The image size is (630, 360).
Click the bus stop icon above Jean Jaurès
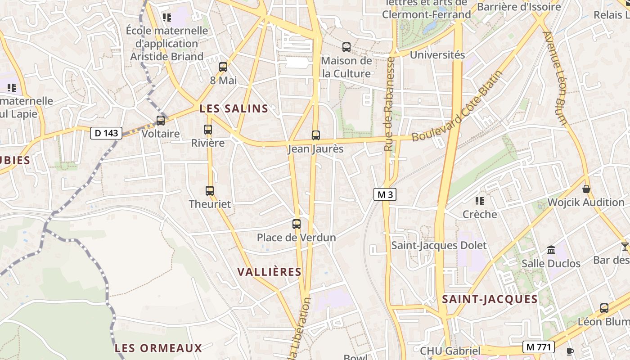[316, 135]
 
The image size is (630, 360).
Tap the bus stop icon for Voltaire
[161, 121]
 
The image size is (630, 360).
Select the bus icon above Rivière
[208, 130]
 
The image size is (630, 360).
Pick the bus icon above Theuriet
[210, 190]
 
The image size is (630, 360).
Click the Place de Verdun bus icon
[297, 224]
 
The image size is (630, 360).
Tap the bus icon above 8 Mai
[223, 67]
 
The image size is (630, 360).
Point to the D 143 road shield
[106, 133]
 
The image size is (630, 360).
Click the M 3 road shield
[385, 194]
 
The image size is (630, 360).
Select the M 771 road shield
[538, 346]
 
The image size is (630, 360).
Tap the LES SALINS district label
[234, 108]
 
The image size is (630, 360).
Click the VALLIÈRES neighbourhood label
[269, 272]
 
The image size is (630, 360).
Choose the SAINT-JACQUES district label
[490, 299]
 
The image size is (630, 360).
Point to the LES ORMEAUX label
[158, 348]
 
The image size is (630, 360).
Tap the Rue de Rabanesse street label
[390, 103]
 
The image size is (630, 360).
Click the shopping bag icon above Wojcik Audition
[586, 189]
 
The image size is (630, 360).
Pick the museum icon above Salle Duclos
[551, 250]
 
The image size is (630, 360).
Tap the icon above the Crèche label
[480, 201]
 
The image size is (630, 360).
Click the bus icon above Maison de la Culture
[346, 47]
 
